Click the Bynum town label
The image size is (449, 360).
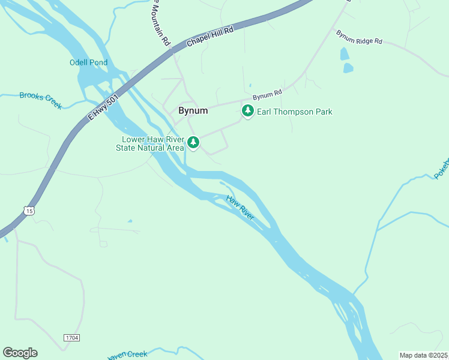193,111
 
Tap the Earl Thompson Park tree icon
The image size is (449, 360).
247,111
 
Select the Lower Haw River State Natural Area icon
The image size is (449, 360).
193,143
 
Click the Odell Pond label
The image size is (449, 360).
88,62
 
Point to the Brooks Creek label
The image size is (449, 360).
40,100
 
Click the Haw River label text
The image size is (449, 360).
240,208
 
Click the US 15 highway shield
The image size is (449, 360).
29,210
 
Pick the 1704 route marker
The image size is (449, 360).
72,338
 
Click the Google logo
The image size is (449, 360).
20,353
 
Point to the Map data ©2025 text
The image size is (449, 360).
423,355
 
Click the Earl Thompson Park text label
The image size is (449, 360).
294,112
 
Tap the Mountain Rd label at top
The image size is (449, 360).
160,25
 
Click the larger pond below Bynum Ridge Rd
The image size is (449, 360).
348,68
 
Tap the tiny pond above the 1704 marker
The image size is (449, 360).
130,221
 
